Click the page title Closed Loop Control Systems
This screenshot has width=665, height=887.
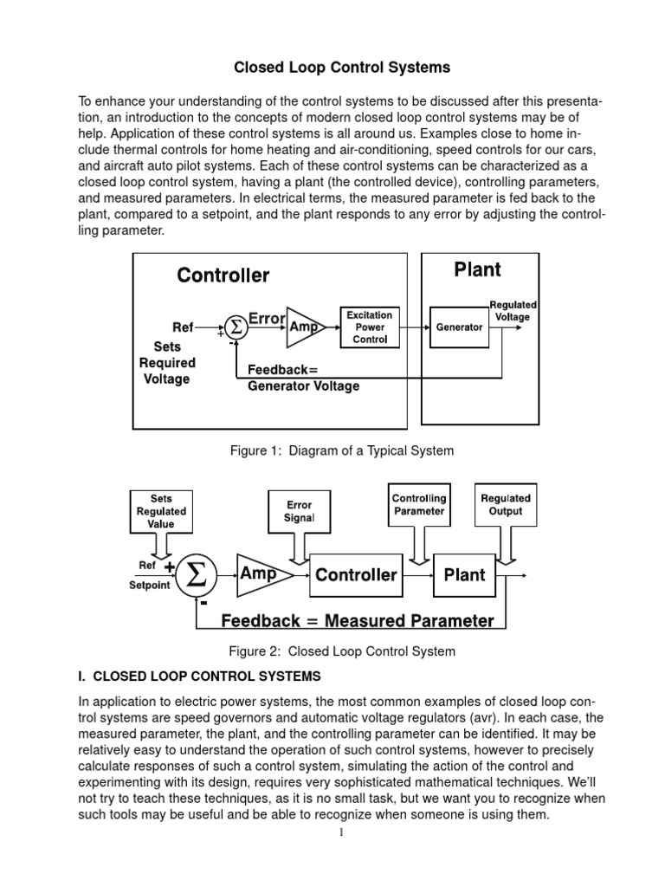tap(332, 67)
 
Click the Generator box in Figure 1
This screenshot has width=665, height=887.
tap(459, 327)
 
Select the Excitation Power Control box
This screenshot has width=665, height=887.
tap(370, 327)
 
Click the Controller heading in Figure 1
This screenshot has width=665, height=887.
tap(223, 275)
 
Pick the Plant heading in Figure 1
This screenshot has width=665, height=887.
tap(477, 269)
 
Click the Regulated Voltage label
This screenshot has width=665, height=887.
tap(513, 311)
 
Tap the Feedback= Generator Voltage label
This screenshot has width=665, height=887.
tap(303, 378)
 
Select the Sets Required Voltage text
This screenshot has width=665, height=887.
tap(167, 363)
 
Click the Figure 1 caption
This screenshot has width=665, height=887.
tap(341, 450)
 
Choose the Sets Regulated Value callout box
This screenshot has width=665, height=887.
tap(161, 512)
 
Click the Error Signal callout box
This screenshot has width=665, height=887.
tap(299, 511)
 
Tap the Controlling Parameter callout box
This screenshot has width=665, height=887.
tap(419, 504)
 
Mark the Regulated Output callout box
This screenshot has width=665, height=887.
tap(506, 504)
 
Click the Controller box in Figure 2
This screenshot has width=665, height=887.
tap(355, 575)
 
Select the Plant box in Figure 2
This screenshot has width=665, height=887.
tap(464, 575)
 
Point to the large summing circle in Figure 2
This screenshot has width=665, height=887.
tap(197, 576)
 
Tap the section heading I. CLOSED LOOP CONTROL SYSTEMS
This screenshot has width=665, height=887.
tap(200, 676)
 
